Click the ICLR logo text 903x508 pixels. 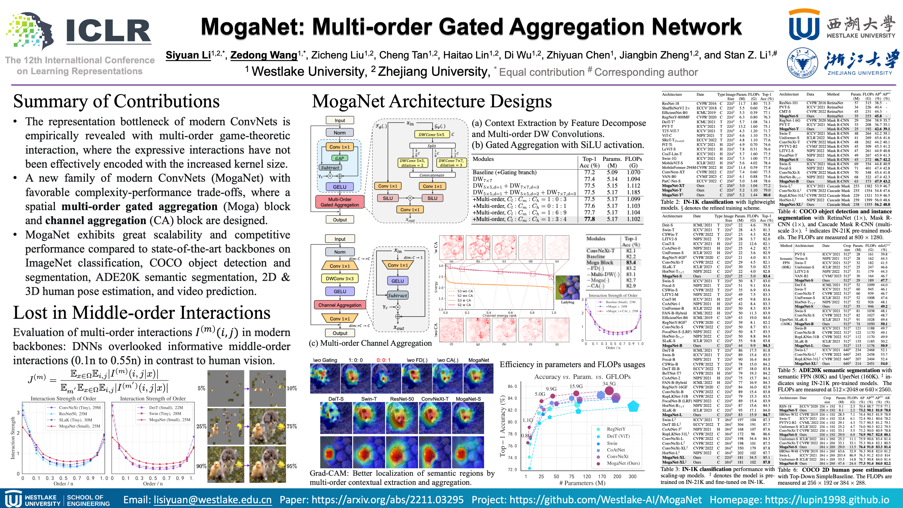pos(109,31)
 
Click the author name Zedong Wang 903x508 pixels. pos(264,55)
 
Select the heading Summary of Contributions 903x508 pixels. pos(116,102)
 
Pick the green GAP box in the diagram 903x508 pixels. pos(339,158)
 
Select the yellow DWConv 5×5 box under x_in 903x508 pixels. pos(431,135)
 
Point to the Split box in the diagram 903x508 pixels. pos(431,146)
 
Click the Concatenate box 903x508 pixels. pos(431,175)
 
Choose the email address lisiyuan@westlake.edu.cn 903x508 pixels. pos(212,500)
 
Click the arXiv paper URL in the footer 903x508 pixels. pos(387,500)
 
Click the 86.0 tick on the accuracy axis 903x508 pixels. pos(512,386)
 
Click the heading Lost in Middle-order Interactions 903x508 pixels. pos(142,313)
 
